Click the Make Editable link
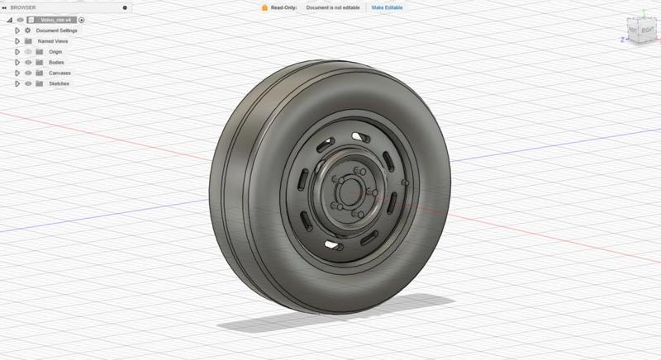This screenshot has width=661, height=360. [x=388, y=7]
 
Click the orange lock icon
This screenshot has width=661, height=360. [x=264, y=7]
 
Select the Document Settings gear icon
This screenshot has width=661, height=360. [x=28, y=30]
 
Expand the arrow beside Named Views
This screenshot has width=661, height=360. [x=17, y=40]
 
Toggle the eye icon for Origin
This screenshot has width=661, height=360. [x=28, y=51]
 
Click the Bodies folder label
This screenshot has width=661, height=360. [x=56, y=62]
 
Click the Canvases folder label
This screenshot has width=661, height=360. [x=59, y=73]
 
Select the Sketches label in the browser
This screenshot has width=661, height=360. [x=59, y=83]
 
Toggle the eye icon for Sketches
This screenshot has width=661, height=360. [x=28, y=83]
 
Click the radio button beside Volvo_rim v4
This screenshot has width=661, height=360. [x=82, y=19]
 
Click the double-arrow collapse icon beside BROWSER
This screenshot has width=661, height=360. [x=5, y=7]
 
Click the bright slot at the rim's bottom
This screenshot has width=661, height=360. [x=333, y=245]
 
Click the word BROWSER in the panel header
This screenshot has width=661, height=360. [x=23, y=7]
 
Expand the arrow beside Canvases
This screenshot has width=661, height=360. [x=17, y=73]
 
